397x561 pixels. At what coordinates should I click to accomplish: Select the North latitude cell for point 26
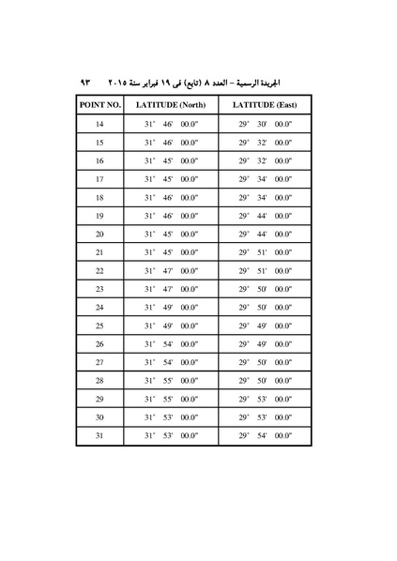[170, 344]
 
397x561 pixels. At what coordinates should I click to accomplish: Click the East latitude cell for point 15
[265, 143]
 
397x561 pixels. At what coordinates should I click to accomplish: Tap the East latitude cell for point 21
[265, 252]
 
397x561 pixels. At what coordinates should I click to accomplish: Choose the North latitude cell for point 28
[170, 381]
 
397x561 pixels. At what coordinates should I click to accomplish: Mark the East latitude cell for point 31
[265, 435]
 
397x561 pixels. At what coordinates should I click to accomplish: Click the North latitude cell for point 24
[170, 308]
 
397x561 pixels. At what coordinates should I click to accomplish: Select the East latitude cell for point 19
[265, 216]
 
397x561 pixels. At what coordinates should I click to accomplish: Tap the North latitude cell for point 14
[170, 125]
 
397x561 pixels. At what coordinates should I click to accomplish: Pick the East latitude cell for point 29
[265, 399]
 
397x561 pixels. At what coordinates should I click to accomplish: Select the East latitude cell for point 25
[265, 326]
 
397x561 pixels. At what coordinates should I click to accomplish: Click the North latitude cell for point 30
[170, 417]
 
